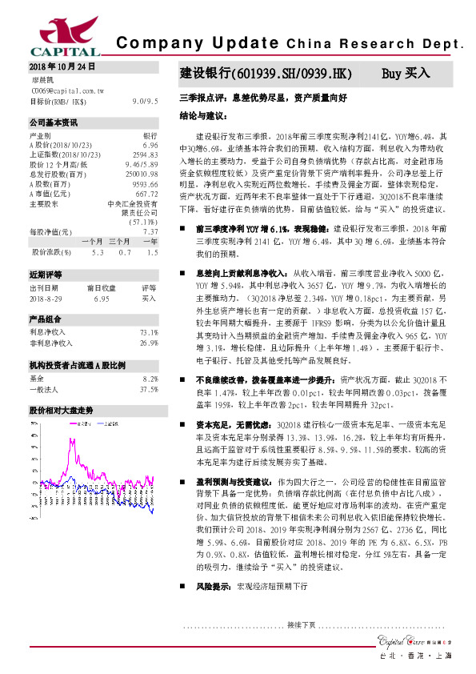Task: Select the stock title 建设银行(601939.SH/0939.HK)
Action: pos(265,74)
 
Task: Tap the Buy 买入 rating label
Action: pos(406,74)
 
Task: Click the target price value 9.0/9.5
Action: pos(145,102)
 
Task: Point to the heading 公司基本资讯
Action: pos(54,122)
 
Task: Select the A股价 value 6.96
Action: pos(149,146)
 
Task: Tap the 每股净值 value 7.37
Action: pos(150,232)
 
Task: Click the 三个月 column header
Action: pos(120,241)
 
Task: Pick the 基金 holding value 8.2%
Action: pos(150,379)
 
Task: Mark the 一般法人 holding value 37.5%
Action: pos(148,390)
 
